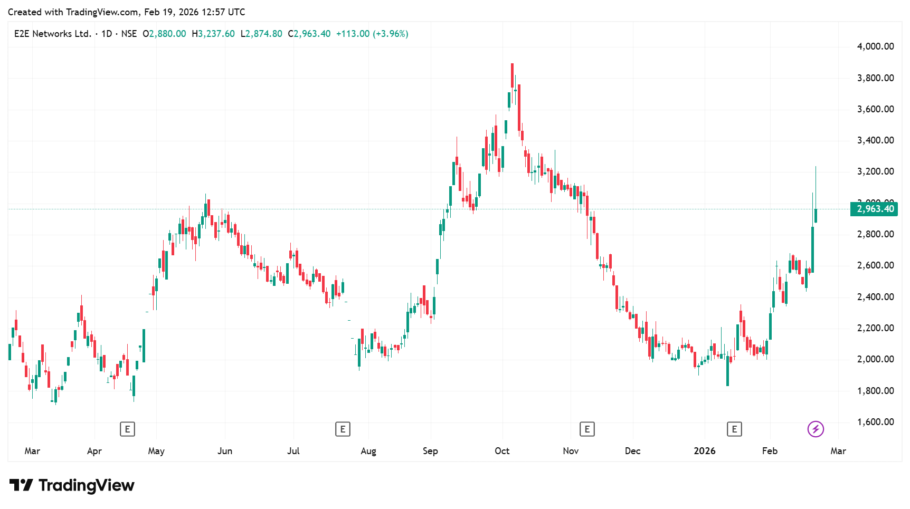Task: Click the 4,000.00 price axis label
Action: [x=875, y=46]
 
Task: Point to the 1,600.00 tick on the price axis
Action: [x=875, y=422]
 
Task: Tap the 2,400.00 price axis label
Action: [x=875, y=297]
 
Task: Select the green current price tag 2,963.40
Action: [x=874, y=209]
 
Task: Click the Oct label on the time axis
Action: [x=502, y=451]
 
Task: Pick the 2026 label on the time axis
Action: [x=704, y=451]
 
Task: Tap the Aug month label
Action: [x=368, y=451]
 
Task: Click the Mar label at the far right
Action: [x=838, y=451]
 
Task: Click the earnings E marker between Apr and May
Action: [x=127, y=429]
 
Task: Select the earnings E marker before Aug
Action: [x=343, y=429]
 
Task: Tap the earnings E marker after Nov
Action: [x=587, y=429]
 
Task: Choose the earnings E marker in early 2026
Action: [x=734, y=429]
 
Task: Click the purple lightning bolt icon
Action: [x=816, y=429]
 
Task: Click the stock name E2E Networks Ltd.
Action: [x=53, y=34]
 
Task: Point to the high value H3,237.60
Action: [x=213, y=34]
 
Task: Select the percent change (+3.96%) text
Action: [x=391, y=34]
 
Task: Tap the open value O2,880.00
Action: [x=164, y=34]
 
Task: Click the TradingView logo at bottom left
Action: [x=72, y=485]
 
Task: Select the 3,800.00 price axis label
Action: [x=875, y=78]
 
